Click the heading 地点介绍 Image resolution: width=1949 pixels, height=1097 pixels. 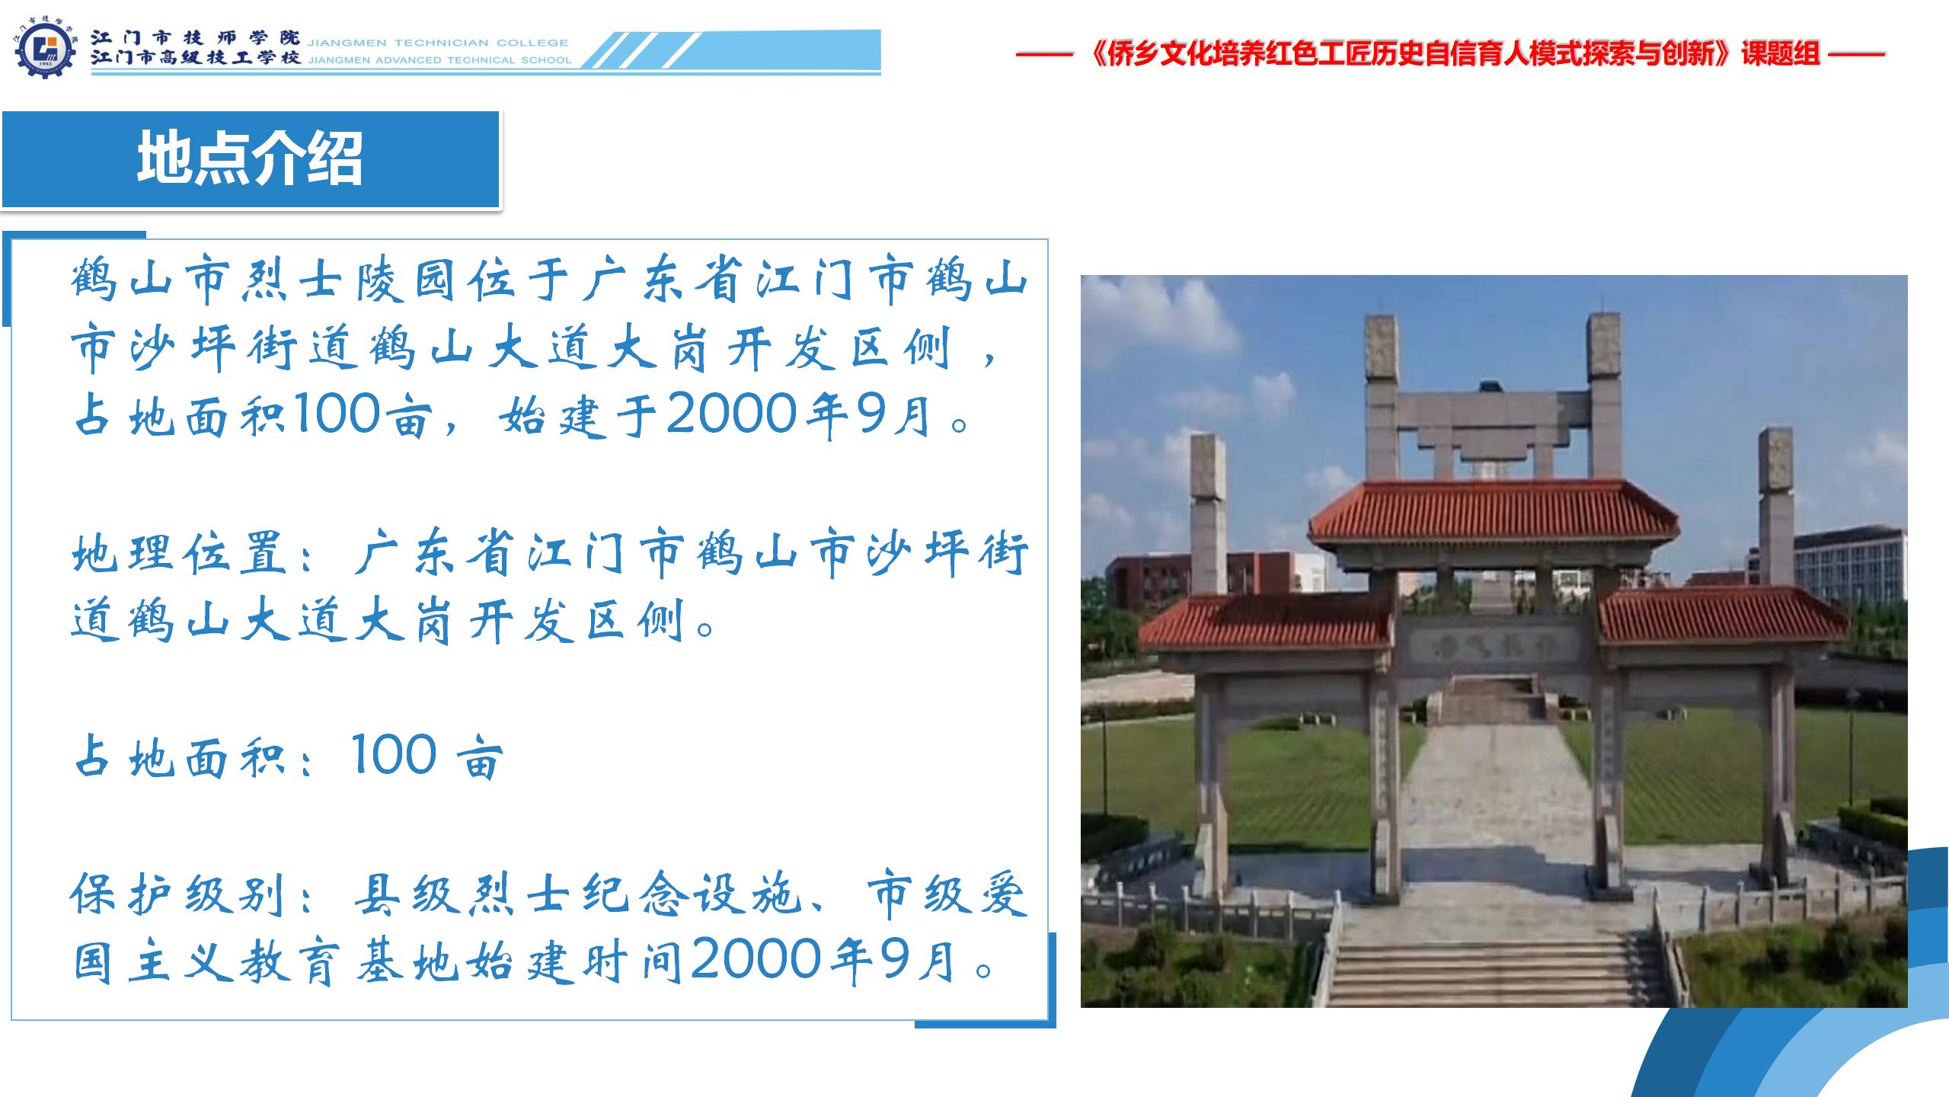point(250,158)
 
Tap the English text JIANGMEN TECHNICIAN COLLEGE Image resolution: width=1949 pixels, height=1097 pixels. point(438,43)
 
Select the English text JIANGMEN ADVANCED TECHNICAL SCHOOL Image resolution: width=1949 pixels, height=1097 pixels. point(439,60)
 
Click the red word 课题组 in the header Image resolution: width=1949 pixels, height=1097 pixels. point(1780,54)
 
